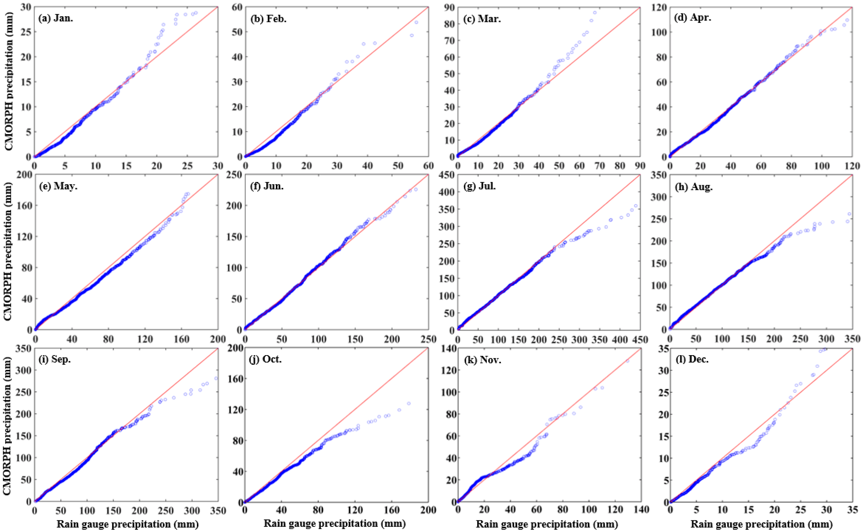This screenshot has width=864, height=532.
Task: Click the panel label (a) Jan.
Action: [x=56, y=18]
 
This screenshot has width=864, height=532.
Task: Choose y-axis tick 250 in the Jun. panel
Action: [x=234, y=175]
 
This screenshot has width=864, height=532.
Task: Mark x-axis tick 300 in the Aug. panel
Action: [x=826, y=339]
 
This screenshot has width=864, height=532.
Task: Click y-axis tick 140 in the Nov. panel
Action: [x=448, y=349]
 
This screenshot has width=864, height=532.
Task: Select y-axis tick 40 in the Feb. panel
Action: [x=237, y=57]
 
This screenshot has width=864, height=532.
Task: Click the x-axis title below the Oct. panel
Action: [x=334, y=523]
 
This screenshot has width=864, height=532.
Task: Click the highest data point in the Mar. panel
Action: [x=595, y=13]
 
